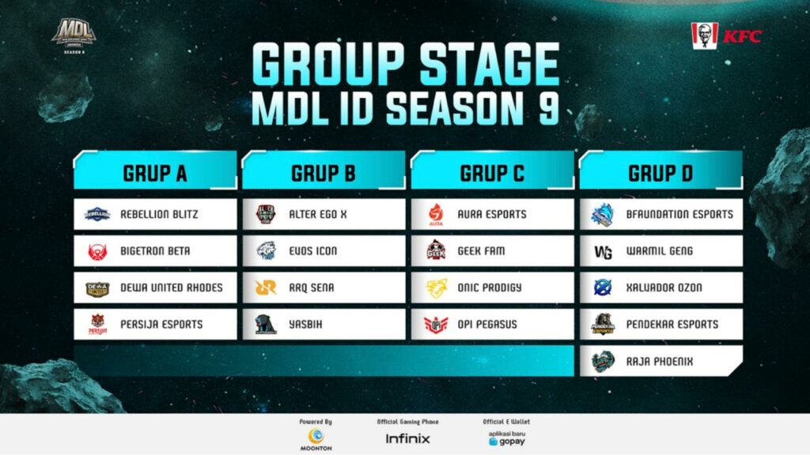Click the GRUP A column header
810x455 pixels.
pos(155,174)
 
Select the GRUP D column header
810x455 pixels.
pos(660,174)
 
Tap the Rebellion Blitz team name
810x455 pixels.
pos(160,214)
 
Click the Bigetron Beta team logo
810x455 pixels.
pos(97,251)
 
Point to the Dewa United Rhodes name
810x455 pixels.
pos(172,288)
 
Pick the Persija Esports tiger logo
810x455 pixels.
pos(97,324)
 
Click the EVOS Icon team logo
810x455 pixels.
pos(266,251)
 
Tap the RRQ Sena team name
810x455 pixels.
pos(312,288)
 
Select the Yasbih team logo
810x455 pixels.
pos(266,324)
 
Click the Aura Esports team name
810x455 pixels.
pos(490,214)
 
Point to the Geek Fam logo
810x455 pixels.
pos(436,251)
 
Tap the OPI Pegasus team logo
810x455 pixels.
pos(436,324)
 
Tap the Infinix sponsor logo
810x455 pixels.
pos(407,438)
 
